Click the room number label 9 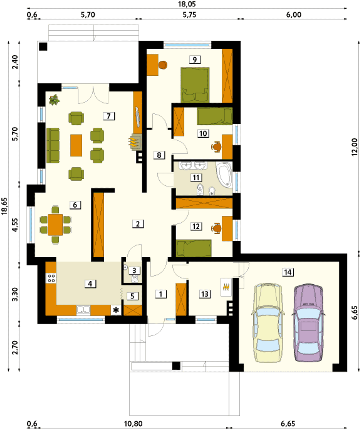(195, 60)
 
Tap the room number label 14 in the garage (288, 272)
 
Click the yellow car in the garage (268, 323)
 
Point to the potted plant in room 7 (54, 100)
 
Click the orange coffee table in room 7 (76, 145)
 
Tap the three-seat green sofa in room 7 (53, 146)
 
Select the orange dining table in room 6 (55, 225)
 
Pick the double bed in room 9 (195, 85)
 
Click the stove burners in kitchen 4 (51, 278)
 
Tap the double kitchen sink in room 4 (83, 310)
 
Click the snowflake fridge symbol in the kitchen (116, 310)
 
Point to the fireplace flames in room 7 (134, 142)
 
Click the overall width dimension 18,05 (187, 4)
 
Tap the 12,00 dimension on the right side (355, 147)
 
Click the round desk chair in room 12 (216, 228)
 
